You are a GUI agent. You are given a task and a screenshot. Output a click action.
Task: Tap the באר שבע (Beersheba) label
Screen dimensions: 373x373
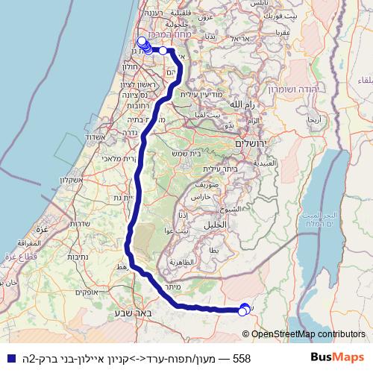pos(134,313)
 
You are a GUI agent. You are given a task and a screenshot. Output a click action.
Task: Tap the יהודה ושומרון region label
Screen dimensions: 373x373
pos(327,87)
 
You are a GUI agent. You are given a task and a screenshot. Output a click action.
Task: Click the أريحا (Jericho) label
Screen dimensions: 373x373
pos(316,119)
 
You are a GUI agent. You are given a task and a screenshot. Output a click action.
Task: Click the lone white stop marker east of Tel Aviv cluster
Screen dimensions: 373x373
pos(163,51)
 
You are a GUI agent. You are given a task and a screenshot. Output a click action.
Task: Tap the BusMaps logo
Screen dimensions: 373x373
pos(337,358)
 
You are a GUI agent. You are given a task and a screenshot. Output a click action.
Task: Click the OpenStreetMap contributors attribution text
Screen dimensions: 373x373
pos(308,334)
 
